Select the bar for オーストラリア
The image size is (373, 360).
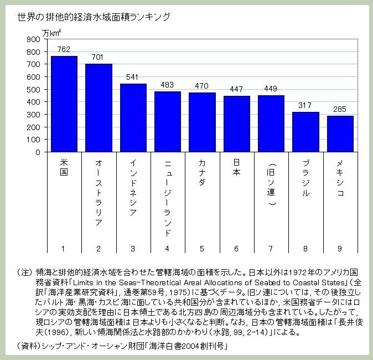99,108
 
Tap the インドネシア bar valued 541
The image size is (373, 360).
133,118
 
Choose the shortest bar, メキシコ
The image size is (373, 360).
340,134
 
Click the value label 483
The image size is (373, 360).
167,84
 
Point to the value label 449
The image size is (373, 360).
271,89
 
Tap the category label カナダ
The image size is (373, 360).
202,173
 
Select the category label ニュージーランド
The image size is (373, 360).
167,197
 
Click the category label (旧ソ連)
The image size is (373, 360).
271,184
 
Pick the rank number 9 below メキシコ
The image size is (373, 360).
340,248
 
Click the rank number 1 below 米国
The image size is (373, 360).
64,248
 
